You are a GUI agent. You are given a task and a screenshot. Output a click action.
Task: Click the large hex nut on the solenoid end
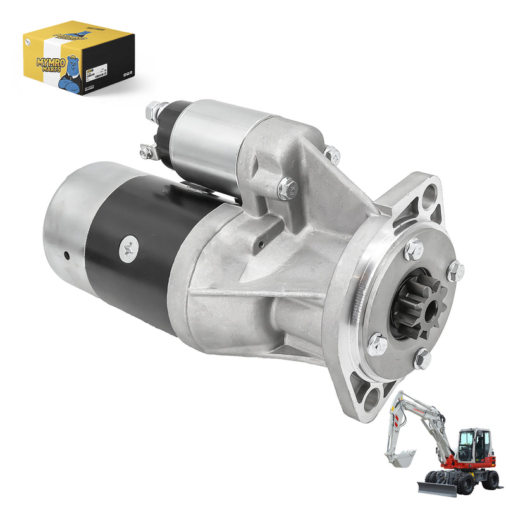tap(154, 111)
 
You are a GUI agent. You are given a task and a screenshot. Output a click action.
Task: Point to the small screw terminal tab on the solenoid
tap(146, 151)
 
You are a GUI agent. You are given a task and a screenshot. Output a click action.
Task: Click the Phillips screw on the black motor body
tap(128, 250)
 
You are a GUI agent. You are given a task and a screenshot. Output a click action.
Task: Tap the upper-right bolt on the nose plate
tap(455, 271)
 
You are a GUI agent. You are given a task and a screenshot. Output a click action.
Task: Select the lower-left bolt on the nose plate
tap(378, 344)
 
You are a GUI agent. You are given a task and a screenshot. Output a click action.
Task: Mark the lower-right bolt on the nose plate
tap(423, 359)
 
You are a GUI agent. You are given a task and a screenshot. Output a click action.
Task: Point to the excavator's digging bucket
tap(400, 457)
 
